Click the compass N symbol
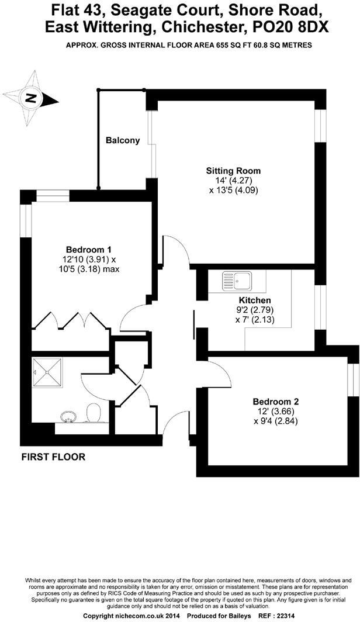click(x=30, y=98)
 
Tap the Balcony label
click(x=122, y=140)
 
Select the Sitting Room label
click(x=233, y=171)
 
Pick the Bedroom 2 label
click(x=275, y=402)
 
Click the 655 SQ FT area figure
click(x=223, y=45)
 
